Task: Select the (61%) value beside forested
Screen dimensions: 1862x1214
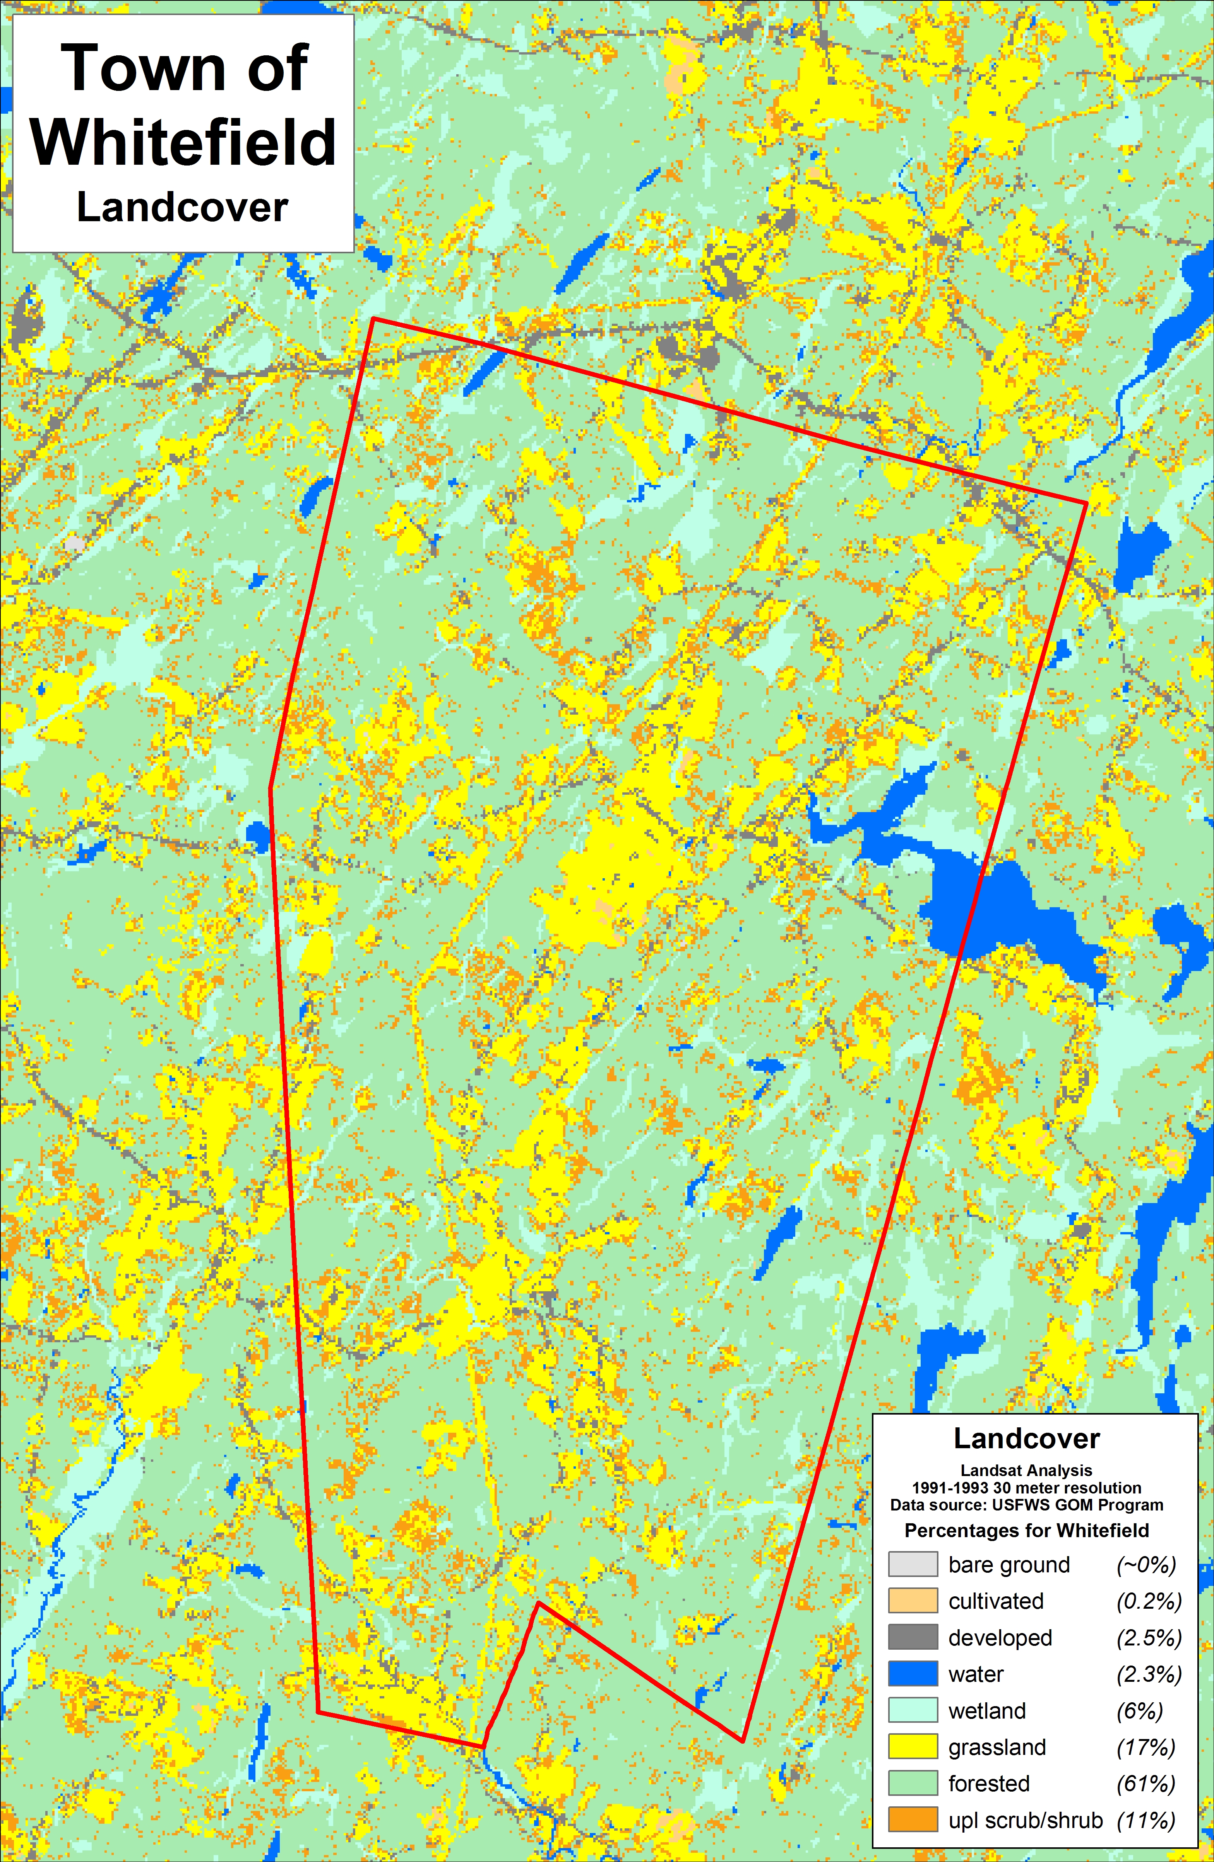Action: [1146, 1784]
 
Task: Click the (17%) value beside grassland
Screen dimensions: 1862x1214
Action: [1146, 1747]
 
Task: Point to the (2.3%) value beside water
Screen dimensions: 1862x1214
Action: [1148, 1674]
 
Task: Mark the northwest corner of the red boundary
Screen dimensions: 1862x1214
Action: [373, 318]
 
